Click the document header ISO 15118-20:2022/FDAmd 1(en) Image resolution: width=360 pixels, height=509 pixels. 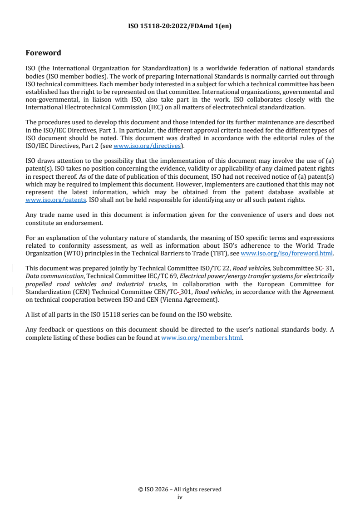(x=180, y=26)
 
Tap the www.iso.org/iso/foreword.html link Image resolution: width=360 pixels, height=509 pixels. (x=286, y=254)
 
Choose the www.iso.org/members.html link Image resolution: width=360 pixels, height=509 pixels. (x=202, y=338)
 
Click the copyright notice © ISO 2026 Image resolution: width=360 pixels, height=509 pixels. (x=180, y=489)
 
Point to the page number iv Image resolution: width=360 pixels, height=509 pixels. (x=180, y=497)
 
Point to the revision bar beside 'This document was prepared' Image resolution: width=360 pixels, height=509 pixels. (x=13, y=269)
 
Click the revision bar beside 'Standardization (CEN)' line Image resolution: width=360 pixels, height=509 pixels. (x=13, y=292)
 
